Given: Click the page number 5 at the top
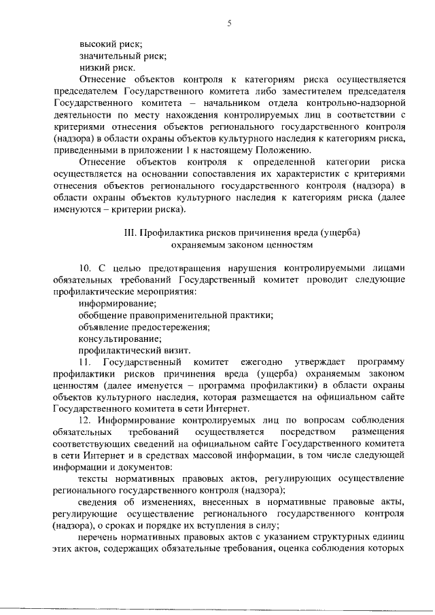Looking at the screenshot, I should pos(229,24).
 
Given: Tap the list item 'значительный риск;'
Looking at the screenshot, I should pos(122,56).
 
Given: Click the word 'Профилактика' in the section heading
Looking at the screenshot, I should pos(170,232).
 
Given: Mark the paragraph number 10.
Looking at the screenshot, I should pos(85,268).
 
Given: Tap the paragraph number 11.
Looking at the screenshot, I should pos(84,362).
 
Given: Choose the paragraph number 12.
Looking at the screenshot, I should pos(85,420).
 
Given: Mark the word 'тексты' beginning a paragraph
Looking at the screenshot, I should pos(93,478).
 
